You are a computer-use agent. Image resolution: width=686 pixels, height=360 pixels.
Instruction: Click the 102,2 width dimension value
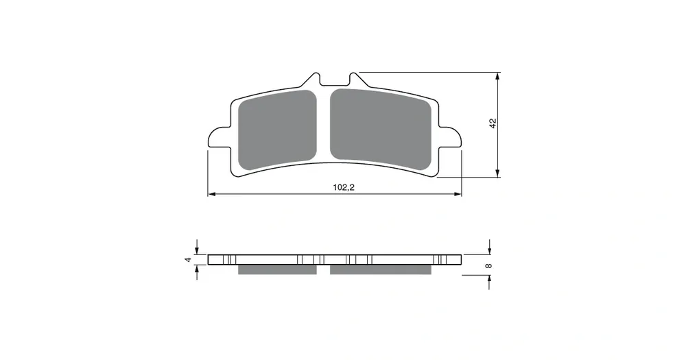(344, 188)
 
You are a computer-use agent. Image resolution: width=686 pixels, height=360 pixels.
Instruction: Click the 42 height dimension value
(493, 123)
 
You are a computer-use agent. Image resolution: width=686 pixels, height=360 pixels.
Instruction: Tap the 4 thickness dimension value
(189, 260)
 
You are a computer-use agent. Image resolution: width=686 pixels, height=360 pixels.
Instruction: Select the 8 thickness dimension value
(489, 265)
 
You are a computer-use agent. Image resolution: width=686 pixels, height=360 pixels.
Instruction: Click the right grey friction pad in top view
(380, 130)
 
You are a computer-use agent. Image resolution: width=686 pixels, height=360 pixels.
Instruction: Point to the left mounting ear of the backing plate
(219, 137)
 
